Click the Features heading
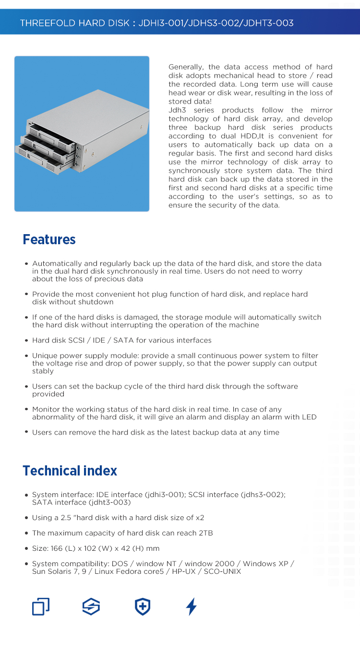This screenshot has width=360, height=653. tap(49, 239)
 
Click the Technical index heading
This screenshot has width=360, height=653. tap(70, 471)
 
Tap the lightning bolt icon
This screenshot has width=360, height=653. tap(191, 607)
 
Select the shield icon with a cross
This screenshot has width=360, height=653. tap(143, 607)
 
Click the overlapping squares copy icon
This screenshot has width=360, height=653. tap(41, 607)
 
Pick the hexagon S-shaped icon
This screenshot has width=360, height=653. tap(91, 607)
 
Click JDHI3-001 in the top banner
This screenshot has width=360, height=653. tap(161, 23)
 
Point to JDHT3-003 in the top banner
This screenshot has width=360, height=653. tap(268, 23)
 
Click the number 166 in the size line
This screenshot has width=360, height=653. tap(57, 548)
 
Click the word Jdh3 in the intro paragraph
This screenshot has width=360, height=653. tap(177, 110)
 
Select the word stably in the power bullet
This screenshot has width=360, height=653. tap(43, 371)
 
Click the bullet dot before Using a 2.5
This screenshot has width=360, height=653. tap(26, 518)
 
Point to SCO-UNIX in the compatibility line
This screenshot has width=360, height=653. tap(222, 571)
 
